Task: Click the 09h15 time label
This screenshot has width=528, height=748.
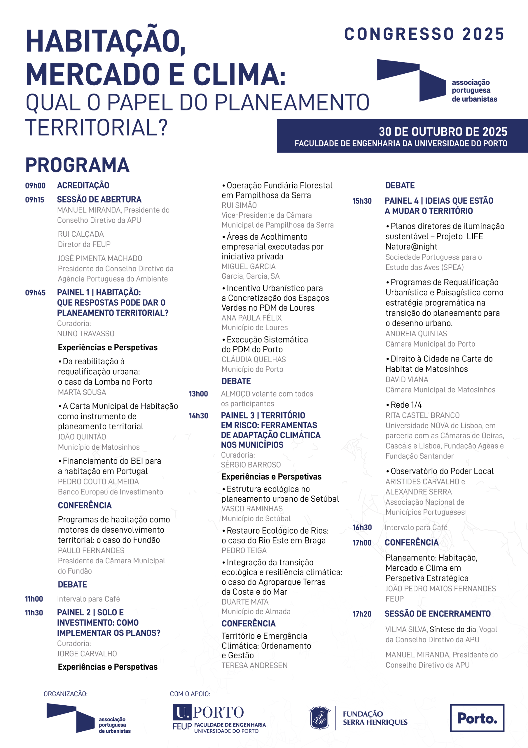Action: point(34,200)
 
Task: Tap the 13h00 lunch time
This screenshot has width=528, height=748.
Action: point(198,394)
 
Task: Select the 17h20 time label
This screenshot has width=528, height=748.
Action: point(362,614)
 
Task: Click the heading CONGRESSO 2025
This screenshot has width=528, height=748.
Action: point(424,34)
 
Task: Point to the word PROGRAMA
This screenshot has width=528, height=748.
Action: point(77,165)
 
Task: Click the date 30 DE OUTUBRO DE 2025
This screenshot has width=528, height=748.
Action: point(443,131)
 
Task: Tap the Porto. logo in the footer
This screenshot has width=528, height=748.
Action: point(477,718)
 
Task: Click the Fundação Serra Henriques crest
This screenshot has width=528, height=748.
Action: point(319,718)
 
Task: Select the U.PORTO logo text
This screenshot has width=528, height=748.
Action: point(209,712)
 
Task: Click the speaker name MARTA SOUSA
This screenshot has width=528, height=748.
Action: point(82,392)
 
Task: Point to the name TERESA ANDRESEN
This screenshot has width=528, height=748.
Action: point(254,665)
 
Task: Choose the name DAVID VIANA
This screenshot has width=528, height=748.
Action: point(407,380)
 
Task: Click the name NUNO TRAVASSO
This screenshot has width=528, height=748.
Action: point(85,334)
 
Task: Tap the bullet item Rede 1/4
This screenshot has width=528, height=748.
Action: point(406,405)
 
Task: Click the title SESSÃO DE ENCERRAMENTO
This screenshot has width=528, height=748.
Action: point(438,614)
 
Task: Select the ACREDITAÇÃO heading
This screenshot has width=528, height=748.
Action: point(83,185)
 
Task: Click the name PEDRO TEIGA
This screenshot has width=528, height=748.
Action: point(244,550)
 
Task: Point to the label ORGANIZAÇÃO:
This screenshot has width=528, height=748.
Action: point(65,694)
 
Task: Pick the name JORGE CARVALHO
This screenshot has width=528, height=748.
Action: point(87,654)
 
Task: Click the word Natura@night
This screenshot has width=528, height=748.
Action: point(411,247)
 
